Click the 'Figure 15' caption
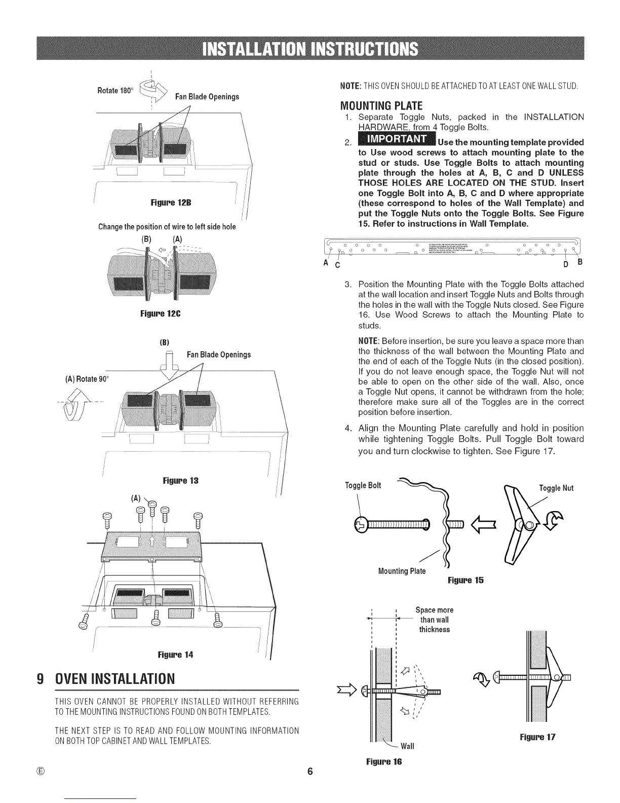point(466,580)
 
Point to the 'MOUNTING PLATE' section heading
point(381,106)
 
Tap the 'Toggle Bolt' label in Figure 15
point(363,485)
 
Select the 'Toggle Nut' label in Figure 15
point(556,488)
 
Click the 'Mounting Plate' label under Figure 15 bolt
point(402,571)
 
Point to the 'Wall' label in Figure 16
point(407,746)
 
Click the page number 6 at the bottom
point(310,772)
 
